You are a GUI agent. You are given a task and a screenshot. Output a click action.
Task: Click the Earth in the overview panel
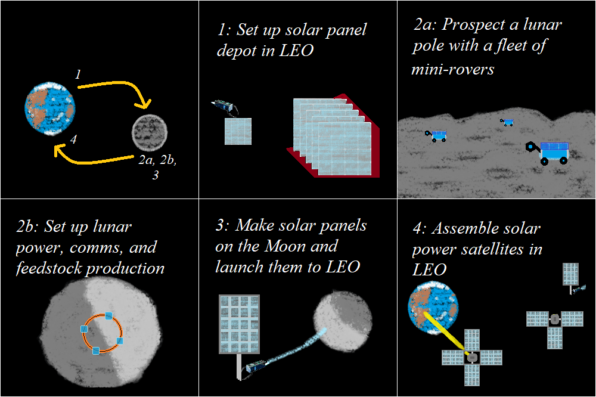click(50, 108)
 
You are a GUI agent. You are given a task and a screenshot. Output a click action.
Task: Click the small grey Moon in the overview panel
click(150, 132)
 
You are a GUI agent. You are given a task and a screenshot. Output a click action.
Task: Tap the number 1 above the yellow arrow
click(78, 74)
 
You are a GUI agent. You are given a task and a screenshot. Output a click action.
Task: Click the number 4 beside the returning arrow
click(73, 139)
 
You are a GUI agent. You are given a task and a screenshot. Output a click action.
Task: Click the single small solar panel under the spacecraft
click(238, 131)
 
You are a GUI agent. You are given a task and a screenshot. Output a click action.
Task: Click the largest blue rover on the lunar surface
click(549, 153)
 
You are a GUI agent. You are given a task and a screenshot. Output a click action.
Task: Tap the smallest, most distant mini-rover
click(507, 122)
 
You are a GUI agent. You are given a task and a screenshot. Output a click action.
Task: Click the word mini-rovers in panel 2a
click(453, 69)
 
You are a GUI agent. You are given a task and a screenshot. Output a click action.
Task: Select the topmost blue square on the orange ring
click(108, 315)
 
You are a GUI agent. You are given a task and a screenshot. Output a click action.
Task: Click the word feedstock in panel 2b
click(49, 268)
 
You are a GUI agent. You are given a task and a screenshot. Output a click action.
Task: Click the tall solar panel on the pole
click(239, 324)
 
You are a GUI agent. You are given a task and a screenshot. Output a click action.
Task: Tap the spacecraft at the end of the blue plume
click(256, 367)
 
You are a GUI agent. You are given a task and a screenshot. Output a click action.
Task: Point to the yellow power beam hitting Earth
click(443, 331)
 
